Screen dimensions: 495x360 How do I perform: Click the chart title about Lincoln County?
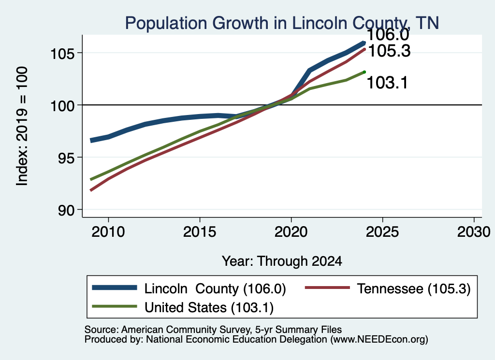click(x=282, y=23)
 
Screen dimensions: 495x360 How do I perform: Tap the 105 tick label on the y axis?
click(x=63, y=54)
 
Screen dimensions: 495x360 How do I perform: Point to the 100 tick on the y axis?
click(x=63, y=106)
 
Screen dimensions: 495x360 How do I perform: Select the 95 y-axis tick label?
click(x=66, y=158)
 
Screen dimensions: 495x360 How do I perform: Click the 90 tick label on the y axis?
click(x=66, y=210)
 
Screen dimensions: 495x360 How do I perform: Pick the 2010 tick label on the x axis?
click(x=108, y=232)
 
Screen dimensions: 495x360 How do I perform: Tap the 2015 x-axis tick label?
click(x=200, y=232)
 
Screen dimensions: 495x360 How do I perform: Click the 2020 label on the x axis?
click(x=291, y=232)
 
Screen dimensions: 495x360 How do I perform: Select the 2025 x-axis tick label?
click(x=382, y=232)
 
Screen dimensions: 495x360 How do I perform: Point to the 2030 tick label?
click(x=474, y=232)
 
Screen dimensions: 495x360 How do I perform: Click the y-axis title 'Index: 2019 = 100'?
click(x=22, y=126)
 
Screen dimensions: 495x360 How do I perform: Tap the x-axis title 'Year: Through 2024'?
click(x=282, y=261)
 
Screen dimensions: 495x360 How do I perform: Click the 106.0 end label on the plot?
click(x=388, y=35)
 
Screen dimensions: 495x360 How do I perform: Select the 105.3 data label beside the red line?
click(x=390, y=51)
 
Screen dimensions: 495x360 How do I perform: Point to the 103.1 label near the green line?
click(x=387, y=83)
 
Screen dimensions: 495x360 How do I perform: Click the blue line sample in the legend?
click(x=115, y=288)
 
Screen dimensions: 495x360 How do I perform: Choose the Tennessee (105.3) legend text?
click(x=414, y=288)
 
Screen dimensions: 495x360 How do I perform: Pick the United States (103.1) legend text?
click(x=209, y=308)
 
